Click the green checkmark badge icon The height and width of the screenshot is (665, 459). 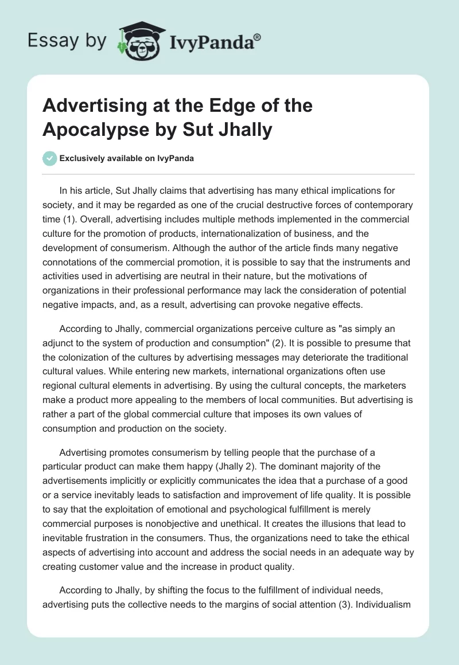point(49,158)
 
